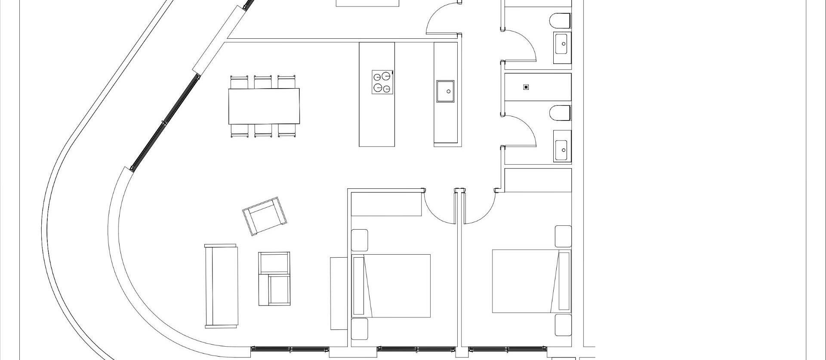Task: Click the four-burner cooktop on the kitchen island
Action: point(382,82)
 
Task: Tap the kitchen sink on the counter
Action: point(445,91)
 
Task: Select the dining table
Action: point(264,106)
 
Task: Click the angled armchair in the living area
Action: point(265,216)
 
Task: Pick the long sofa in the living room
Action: point(221,286)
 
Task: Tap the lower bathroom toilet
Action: point(560,113)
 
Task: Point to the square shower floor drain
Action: point(526,87)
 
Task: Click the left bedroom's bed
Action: point(391,286)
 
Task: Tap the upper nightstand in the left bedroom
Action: point(360,240)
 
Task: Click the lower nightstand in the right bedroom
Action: point(563,325)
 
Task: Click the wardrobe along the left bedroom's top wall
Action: point(386,204)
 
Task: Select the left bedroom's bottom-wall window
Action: point(416,349)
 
